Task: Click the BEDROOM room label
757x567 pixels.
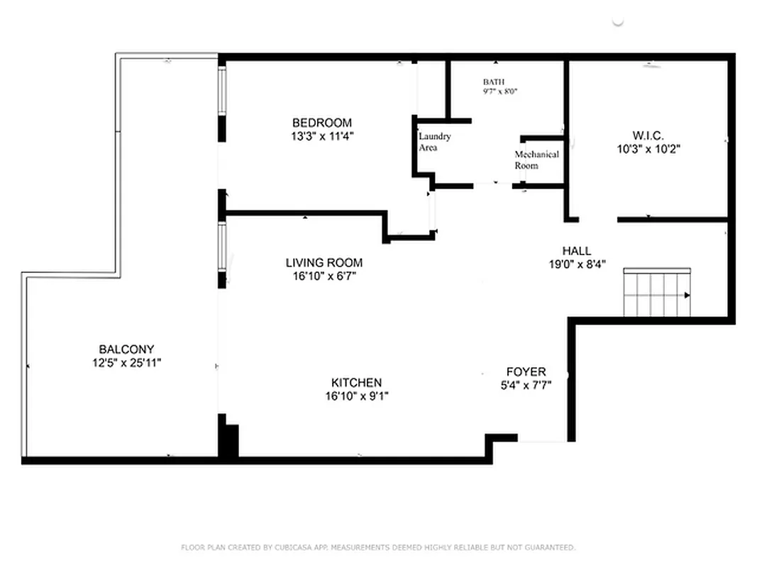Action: (x=322, y=123)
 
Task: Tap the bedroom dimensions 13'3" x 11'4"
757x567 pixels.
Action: (x=322, y=136)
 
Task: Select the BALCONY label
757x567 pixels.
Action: (x=126, y=349)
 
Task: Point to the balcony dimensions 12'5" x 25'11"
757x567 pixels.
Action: (x=126, y=363)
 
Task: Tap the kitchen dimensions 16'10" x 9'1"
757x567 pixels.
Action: (x=352, y=396)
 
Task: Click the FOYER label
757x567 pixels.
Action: (x=526, y=372)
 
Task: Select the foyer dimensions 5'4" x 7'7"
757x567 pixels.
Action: (x=526, y=386)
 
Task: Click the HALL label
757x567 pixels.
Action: (x=576, y=251)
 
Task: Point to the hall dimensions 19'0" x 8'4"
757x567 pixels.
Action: (x=576, y=264)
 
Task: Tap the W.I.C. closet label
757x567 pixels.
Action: (x=648, y=135)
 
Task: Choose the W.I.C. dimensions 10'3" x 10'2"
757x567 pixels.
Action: (x=648, y=149)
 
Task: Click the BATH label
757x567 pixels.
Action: (x=494, y=82)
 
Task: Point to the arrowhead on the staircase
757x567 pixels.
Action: (x=687, y=295)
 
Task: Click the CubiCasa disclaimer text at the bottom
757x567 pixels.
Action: (x=378, y=547)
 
